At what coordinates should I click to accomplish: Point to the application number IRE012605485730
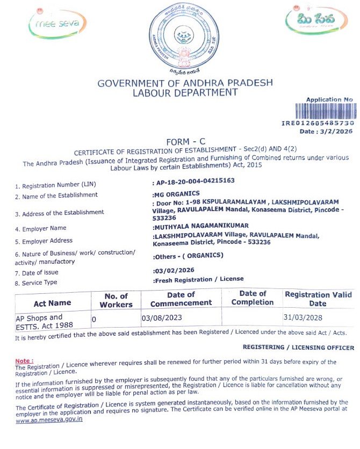pyautogui.click(x=318, y=123)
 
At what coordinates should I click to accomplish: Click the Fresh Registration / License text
pyautogui.click(x=198, y=279)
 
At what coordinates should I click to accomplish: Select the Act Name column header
pyautogui.click(x=52, y=303)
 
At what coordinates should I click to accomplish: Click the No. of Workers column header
pyautogui.click(x=116, y=300)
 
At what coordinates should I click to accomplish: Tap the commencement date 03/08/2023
pyautogui.click(x=162, y=318)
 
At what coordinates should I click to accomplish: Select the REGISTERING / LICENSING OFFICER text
pyautogui.click(x=298, y=347)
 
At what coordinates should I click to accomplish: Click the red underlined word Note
pyautogui.click(x=23, y=360)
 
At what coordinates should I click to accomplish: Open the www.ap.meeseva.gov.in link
pyautogui.click(x=49, y=420)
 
